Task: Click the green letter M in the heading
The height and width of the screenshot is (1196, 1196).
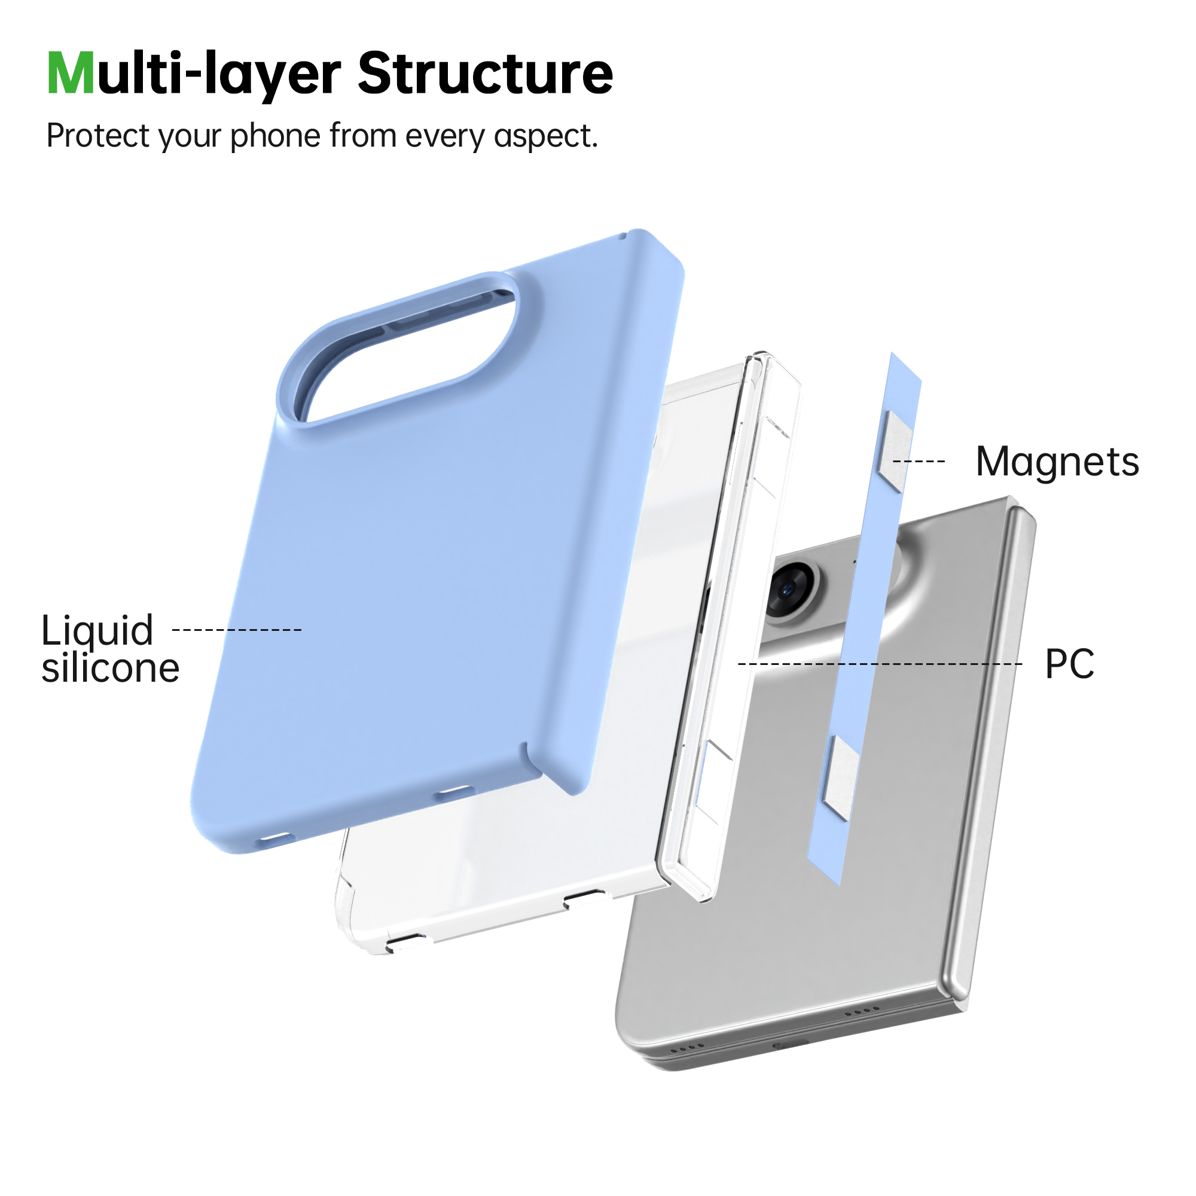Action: coord(71,74)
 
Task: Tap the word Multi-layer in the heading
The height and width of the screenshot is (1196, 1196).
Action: coord(194,76)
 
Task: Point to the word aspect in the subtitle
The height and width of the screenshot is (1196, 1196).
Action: coord(545,137)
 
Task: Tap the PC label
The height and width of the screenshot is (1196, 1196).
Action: coord(1070,664)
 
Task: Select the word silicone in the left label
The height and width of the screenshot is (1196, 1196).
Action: coord(111,668)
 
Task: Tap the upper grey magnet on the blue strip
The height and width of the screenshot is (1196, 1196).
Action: coord(895,451)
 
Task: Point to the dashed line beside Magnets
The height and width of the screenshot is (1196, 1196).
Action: coord(919,461)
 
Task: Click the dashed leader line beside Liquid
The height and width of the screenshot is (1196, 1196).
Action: coord(237,630)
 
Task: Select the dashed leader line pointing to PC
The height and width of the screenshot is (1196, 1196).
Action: coord(880,664)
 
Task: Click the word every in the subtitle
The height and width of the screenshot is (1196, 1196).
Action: coord(445,137)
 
